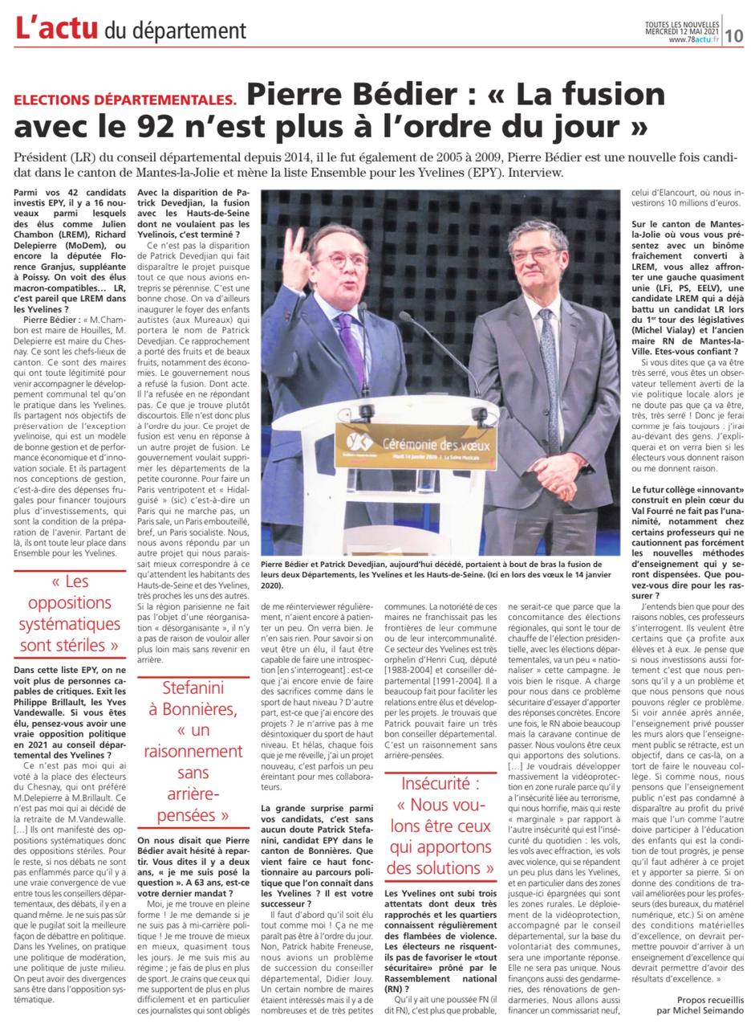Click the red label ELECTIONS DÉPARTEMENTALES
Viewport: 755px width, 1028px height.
click(x=125, y=100)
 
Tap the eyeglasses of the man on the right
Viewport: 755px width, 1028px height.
click(x=538, y=255)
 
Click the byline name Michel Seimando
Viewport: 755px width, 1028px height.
click(x=711, y=1011)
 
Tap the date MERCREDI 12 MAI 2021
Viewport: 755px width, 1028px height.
click(x=681, y=31)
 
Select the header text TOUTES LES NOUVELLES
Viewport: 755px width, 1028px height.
click(x=681, y=24)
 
